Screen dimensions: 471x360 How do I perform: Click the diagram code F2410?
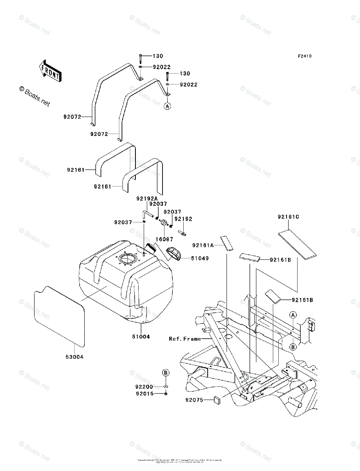pos(304,56)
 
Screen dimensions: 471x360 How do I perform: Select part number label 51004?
pos(140,337)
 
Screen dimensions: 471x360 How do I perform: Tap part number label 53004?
pos(75,357)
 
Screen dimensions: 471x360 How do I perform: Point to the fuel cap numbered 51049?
pos(174,254)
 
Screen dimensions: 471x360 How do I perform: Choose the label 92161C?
pos(289,217)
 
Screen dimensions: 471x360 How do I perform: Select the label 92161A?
pos(203,245)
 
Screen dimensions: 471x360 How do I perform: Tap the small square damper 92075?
pos(216,400)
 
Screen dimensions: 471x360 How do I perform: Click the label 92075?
pos(195,400)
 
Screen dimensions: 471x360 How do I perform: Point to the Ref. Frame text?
pos(185,338)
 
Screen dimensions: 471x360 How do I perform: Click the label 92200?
pos(145,387)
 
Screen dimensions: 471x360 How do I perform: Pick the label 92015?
pos(145,393)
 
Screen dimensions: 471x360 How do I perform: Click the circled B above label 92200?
pos(166,372)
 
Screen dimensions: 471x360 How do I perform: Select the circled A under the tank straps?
pos(167,106)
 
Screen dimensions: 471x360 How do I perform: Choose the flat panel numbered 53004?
pos(59,316)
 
